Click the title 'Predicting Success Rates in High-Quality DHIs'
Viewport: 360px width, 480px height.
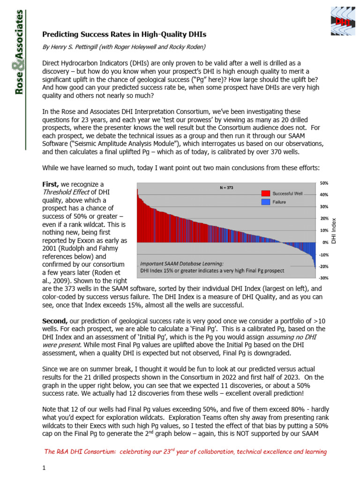pos(124,34)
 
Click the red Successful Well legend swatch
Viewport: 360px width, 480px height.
pos(265,193)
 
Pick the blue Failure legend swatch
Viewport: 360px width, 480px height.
pos(265,202)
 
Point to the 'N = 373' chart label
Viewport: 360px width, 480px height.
pos(227,187)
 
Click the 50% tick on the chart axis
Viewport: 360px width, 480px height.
pos(323,183)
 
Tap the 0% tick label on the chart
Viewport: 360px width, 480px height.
pos(325,242)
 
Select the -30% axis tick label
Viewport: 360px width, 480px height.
pos(323,278)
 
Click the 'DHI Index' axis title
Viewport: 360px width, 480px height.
pos(334,230)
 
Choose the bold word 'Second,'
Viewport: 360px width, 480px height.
pos(56,321)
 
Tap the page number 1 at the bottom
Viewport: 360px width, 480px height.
pos(44,467)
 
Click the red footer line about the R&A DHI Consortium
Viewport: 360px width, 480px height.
pos(185,451)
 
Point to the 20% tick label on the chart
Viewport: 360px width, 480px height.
pos(323,218)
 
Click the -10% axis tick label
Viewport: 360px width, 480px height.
pos(323,255)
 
